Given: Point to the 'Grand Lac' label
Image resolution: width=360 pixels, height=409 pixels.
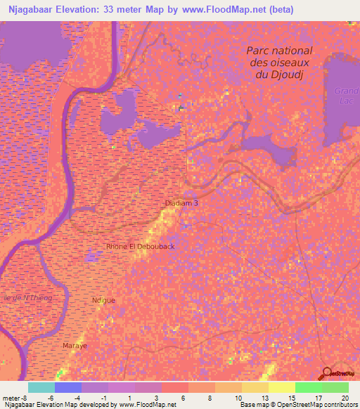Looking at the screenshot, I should (x=346, y=96).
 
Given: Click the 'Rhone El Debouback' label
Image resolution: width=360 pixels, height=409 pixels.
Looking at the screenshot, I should (x=140, y=247).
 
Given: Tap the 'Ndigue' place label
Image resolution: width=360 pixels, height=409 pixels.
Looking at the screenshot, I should (x=103, y=300).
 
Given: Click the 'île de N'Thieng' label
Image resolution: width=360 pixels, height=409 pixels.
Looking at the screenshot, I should (x=27, y=298).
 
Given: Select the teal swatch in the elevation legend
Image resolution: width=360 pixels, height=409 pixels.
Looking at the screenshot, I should (x=41, y=387).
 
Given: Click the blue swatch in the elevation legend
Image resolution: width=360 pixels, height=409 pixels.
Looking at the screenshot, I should (x=68, y=387).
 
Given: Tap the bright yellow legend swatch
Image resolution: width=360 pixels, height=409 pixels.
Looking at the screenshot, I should (x=282, y=387).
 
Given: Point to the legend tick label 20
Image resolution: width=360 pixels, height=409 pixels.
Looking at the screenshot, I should (x=344, y=398).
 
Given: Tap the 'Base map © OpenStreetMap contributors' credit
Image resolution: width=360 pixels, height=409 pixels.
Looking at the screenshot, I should (x=298, y=405).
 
